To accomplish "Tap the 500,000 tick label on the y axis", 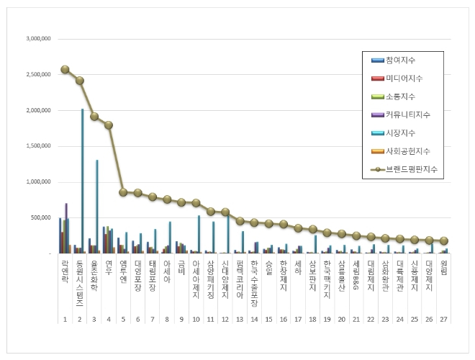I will [x=40, y=218].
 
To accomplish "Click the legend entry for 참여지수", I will [x=404, y=59].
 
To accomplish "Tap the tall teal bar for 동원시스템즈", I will [x=82, y=180].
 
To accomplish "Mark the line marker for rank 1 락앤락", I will [x=65, y=69].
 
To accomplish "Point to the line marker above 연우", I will [x=109, y=125].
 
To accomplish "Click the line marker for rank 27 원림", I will [x=444, y=241].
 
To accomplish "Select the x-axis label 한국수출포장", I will [x=255, y=283].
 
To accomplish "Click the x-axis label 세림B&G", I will [x=357, y=275].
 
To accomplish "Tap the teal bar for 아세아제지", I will [x=199, y=234].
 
